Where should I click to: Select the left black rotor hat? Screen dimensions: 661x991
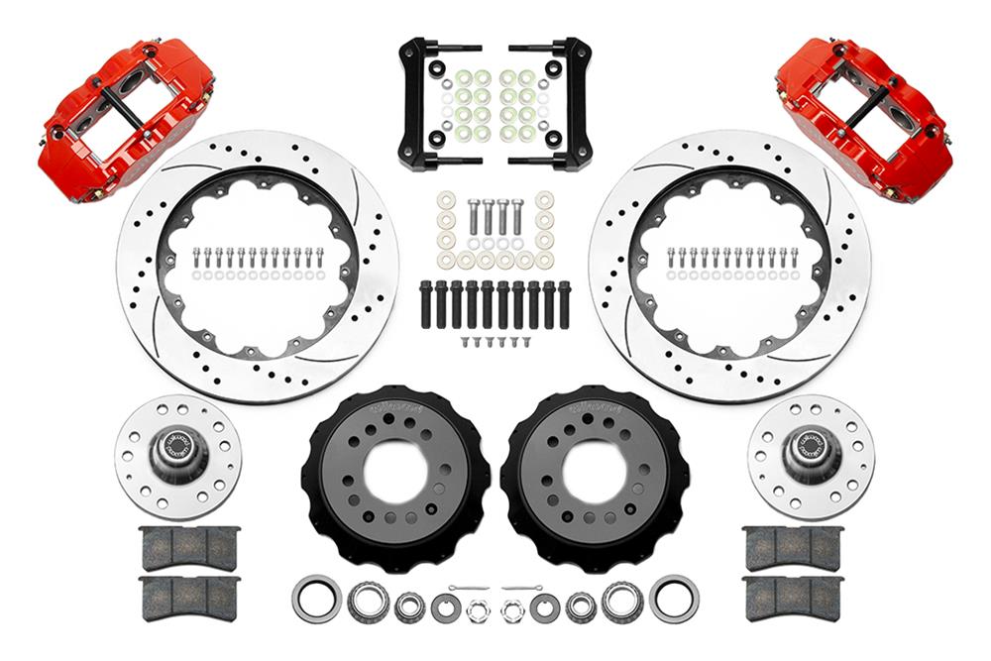pos(396,475)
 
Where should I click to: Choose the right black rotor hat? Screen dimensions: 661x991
pos(595,475)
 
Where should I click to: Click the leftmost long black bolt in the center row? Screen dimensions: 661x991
pos(426,305)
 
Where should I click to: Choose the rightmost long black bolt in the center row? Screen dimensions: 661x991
pos(564,305)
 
